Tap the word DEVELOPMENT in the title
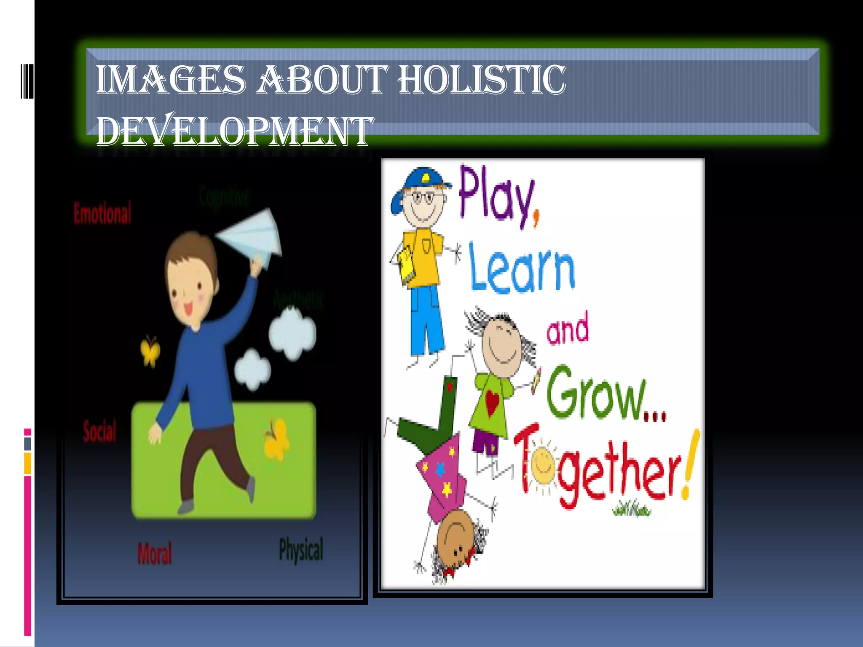click(234, 131)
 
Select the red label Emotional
click(102, 213)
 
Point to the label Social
click(99, 431)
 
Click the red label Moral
click(155, 553)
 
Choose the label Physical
click(301, 550)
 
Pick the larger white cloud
click(292, 333)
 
